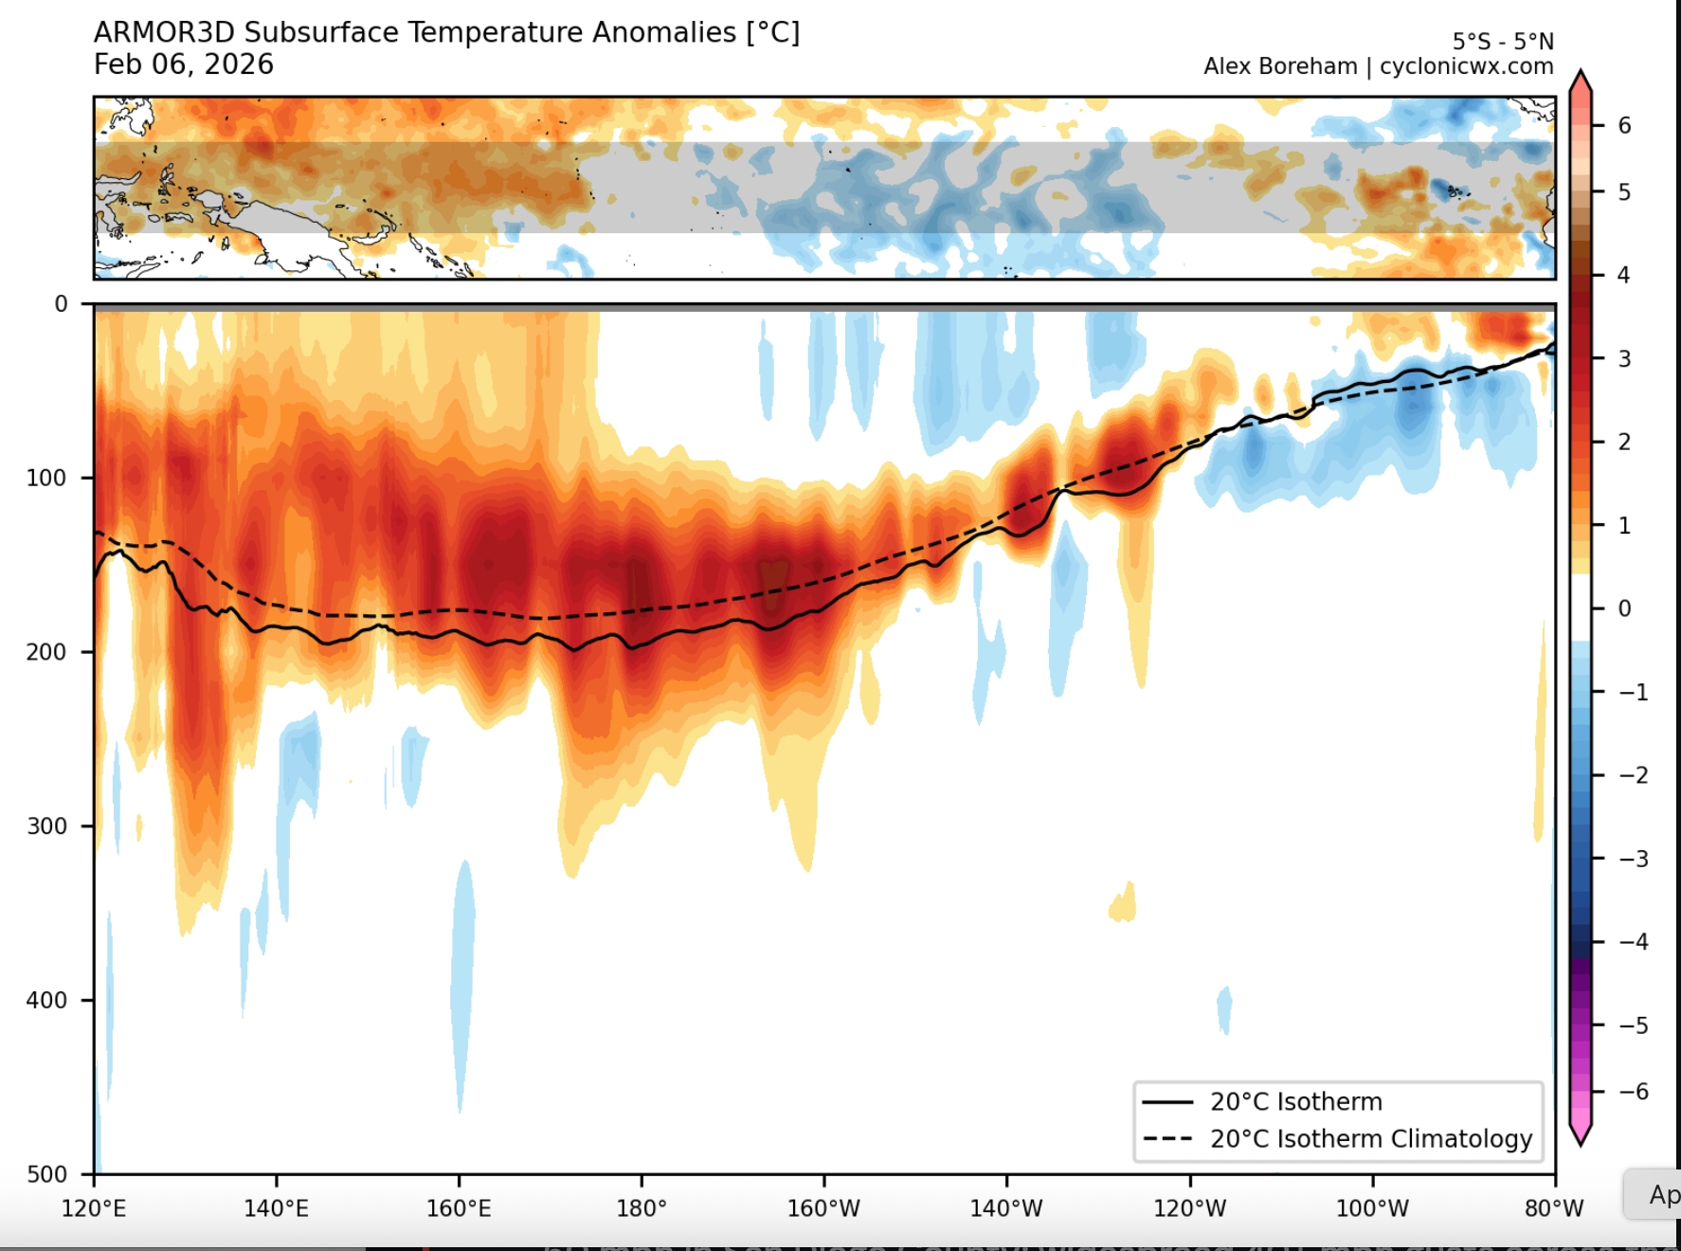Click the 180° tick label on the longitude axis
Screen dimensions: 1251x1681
[642, 1208]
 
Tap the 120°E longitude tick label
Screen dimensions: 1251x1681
[94, 1208]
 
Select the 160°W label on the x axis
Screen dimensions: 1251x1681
[823, 1208]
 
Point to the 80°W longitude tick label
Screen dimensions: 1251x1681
[1554, 1208]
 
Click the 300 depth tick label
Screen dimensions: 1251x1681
[46, 825]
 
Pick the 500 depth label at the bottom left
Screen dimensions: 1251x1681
[46, 1174]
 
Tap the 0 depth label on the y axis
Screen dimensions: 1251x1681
[61, 304]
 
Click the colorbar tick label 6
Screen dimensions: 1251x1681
[1624, 125]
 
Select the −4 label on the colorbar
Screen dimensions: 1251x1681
[1633, 942]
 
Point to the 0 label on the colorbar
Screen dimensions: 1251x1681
[1624, 608]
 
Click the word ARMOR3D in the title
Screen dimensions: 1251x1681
[164, 32]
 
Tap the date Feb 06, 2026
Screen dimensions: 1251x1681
[184, 64]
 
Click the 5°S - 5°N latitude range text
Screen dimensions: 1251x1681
[1503, 42]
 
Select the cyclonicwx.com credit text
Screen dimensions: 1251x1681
[1466, 66]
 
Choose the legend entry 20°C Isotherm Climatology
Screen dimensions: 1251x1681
[1370, 1138]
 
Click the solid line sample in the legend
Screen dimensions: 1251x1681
[1167, 1102]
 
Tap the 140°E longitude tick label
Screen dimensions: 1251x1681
[276, 1208]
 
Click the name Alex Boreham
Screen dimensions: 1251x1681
[1280, 66]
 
